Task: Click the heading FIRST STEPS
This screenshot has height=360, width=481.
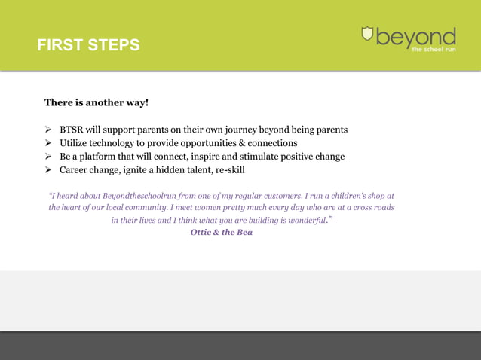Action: point(89,45)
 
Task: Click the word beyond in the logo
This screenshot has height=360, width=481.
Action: point(416,37)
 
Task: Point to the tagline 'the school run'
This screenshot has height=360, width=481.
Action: point(434,50)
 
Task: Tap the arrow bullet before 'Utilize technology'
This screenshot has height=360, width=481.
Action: point(48,143)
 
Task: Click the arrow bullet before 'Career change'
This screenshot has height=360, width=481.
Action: point(48,170)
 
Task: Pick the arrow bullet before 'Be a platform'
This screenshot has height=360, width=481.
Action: point(48,157)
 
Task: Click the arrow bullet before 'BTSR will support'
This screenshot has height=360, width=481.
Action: point(48,130)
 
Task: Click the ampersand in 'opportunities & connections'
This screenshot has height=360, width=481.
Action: point(239,143)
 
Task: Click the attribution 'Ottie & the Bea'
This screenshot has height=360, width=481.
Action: point(222,232)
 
